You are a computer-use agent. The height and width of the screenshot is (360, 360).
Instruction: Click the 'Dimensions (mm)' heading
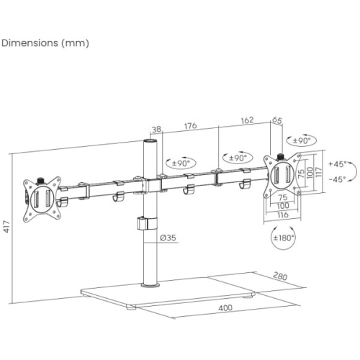[45, 43]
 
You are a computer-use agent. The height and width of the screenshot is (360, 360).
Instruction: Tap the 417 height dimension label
[6, 227]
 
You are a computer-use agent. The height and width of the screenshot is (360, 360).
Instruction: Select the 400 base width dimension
[225, 308]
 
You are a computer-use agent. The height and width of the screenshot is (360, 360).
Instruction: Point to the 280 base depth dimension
[280, 276]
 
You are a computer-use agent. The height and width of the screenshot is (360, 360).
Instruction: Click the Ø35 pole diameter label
[168, 238]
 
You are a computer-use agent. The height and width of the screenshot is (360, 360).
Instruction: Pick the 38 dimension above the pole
[156, 129]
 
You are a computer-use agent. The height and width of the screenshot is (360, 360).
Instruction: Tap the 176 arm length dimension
[190, 126]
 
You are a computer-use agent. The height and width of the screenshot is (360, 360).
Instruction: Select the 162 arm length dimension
[247, 120]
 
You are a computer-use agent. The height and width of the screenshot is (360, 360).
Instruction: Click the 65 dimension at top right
[277, 120]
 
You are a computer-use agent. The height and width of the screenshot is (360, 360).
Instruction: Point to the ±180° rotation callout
[284, 238]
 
